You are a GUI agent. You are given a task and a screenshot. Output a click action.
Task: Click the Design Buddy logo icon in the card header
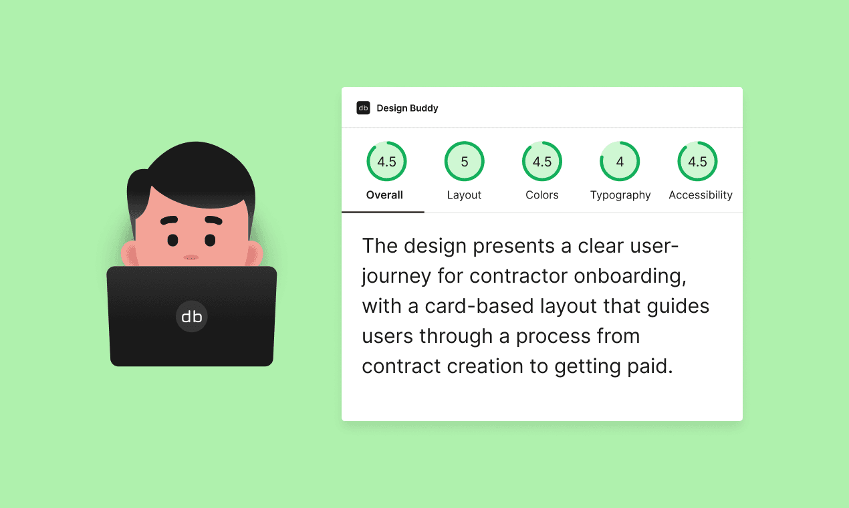pyautogui.click(x=363, y=108)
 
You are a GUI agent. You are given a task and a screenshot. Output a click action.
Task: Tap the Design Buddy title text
pyautogui.click(x=407, y=108)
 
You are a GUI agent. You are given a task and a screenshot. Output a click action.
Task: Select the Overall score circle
pyautogui.click(x=386, y=162)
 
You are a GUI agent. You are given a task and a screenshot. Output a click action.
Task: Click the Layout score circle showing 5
pyautogui.click(x=464, y=162)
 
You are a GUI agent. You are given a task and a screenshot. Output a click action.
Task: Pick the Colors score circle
pyautogui.click(x=542, y=162)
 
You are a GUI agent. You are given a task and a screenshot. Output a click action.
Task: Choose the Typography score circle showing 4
pyautogui.click(x=620, y=162)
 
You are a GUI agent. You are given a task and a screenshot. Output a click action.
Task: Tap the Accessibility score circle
pyautogui.click(x=697, y=162)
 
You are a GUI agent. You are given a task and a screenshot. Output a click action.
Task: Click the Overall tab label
pyautogui.click(x=384, y=195)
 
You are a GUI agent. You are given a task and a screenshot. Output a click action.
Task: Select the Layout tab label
pyautogui.click(x=464, y=195)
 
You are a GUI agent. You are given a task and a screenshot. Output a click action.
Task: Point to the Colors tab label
pyautogui.click(x=542, y=195)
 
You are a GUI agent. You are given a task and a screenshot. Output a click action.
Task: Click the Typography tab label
pyautogui.click(x=620, y=195)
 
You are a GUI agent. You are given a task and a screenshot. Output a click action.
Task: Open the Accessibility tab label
pyautogui.click(x=701, y=195)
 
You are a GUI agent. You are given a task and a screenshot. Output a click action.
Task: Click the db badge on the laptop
pyautogui.click(x=192, y=316)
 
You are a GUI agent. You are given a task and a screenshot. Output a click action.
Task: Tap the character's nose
pyautogui.click(x=191, y=257)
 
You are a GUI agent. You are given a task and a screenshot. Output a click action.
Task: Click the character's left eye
pyautogui.click(x=172, y=239)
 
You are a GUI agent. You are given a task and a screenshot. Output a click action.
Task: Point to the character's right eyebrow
pyautogui.click(x=213, y=220)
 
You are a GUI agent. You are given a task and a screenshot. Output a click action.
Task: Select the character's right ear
pyautogui.click(x=254, y=254)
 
